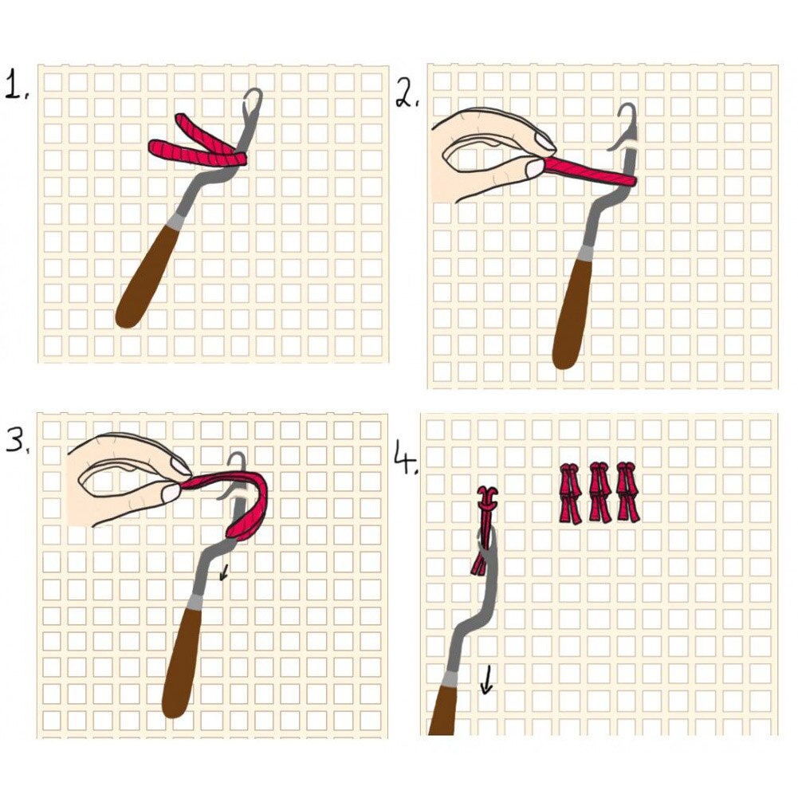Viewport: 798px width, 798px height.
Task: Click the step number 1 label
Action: (16, 85)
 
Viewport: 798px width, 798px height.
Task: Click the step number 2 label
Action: (407, 95)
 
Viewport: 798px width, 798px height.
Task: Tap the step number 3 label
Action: (17, 437)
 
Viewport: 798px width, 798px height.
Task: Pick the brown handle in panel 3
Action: (183, 662)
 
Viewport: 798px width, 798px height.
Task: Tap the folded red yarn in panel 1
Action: (199, 143)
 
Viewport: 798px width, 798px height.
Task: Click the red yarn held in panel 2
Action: (590, 171)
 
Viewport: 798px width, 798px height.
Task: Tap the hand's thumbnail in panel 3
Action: (171, 495)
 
